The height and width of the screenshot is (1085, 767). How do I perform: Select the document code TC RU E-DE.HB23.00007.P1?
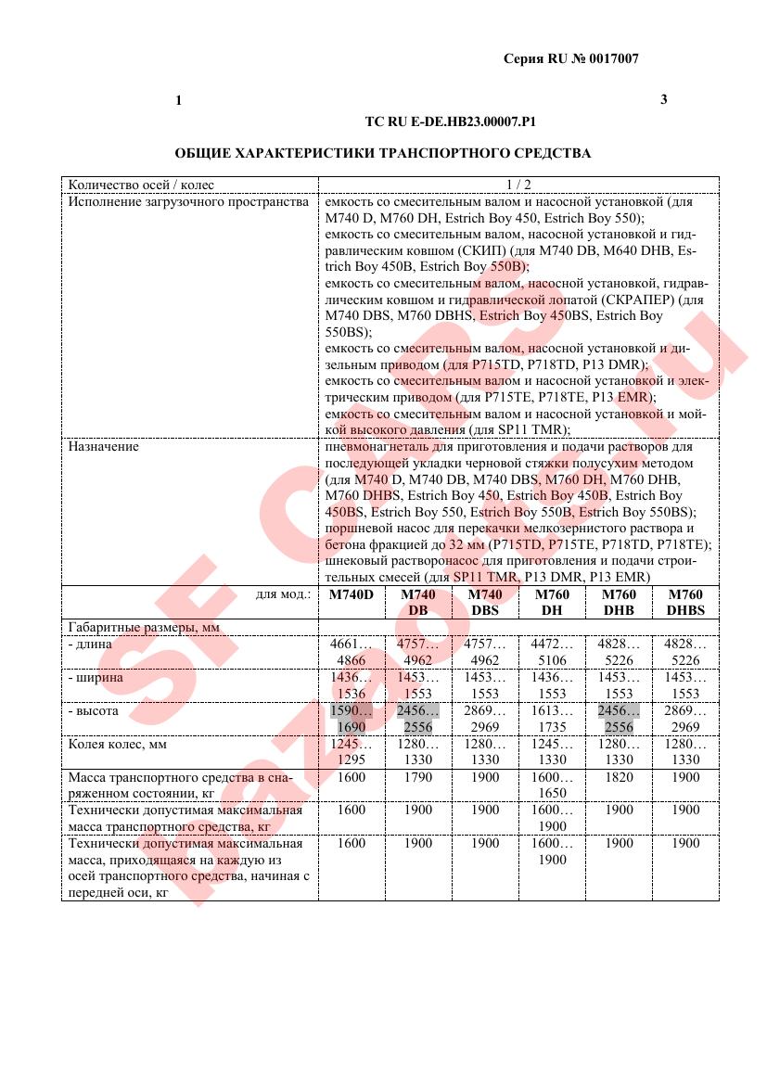(x=451, y=121)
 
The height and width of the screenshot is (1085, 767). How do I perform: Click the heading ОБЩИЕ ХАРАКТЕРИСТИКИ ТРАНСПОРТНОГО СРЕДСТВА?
(x=383, y=153)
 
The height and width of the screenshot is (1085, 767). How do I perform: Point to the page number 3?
(x=663, y=99)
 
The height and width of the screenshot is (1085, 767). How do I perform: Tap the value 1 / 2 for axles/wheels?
(x=518, y=184)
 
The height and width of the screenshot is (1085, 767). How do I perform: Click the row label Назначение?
(x=104, y=446)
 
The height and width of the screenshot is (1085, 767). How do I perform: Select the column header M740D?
(x=352, y=594)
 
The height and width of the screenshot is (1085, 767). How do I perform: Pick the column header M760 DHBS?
(x=685, y=602)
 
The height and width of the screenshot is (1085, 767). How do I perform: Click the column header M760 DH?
(x=552, y=602)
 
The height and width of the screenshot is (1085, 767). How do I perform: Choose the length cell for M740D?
(x=352, y=652)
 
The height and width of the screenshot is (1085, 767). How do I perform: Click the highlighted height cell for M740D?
(x=352, y=719)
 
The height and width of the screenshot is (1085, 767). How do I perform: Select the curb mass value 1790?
(x=418, y=777)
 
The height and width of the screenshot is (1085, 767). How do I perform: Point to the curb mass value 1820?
(x=619, y=777)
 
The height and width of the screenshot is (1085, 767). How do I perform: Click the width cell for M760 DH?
(x=552, y=685)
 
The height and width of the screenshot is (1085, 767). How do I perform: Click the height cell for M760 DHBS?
(x=685, y=719)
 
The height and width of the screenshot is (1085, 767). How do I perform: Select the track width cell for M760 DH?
(x=552, y=752)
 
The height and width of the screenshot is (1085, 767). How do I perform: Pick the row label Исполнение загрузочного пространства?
(x=187, y=200)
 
